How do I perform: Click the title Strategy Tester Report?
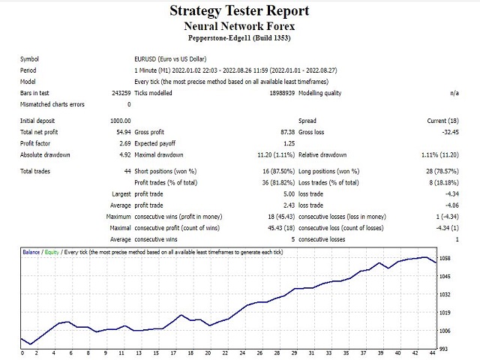[239, 10]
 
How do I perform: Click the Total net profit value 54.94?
[121, 131]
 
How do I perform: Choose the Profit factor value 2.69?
[123, 143]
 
